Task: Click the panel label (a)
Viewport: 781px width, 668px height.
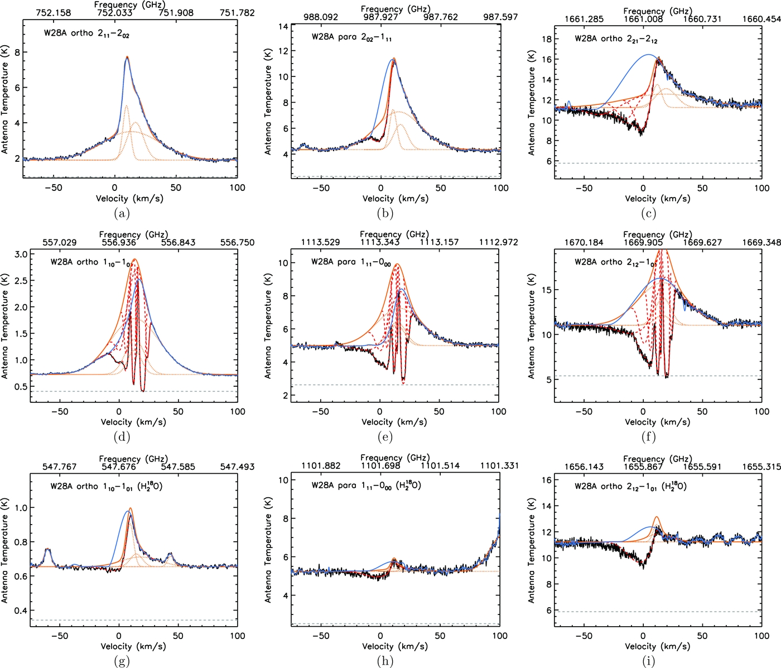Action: (122, 213)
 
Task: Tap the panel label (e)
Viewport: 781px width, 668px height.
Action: (385, 437)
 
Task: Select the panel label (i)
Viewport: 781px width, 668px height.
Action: (648, 661)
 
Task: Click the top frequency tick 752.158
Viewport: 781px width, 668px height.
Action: (54, 13)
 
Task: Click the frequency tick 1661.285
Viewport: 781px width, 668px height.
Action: (584, 19)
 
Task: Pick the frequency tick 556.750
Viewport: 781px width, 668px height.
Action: (237, 243)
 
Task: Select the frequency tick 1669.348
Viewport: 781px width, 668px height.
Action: (761, 243)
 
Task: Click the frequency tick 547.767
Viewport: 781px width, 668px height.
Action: (59, 467)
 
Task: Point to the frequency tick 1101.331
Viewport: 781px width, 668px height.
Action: (499, 465)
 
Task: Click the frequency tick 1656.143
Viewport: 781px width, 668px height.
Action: (584, 467)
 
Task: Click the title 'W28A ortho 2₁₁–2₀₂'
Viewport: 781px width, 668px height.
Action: (86, 33)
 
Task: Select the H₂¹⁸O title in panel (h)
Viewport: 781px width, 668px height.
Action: (366, 486)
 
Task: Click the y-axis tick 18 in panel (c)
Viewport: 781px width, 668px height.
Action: (547, 39)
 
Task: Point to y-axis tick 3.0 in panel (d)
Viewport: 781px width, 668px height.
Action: (21, 254)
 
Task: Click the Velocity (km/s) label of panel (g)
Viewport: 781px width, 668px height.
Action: (133, 646)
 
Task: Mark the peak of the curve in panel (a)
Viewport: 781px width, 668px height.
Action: (127, 57)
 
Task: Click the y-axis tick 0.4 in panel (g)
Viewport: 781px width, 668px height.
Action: (21, 611)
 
